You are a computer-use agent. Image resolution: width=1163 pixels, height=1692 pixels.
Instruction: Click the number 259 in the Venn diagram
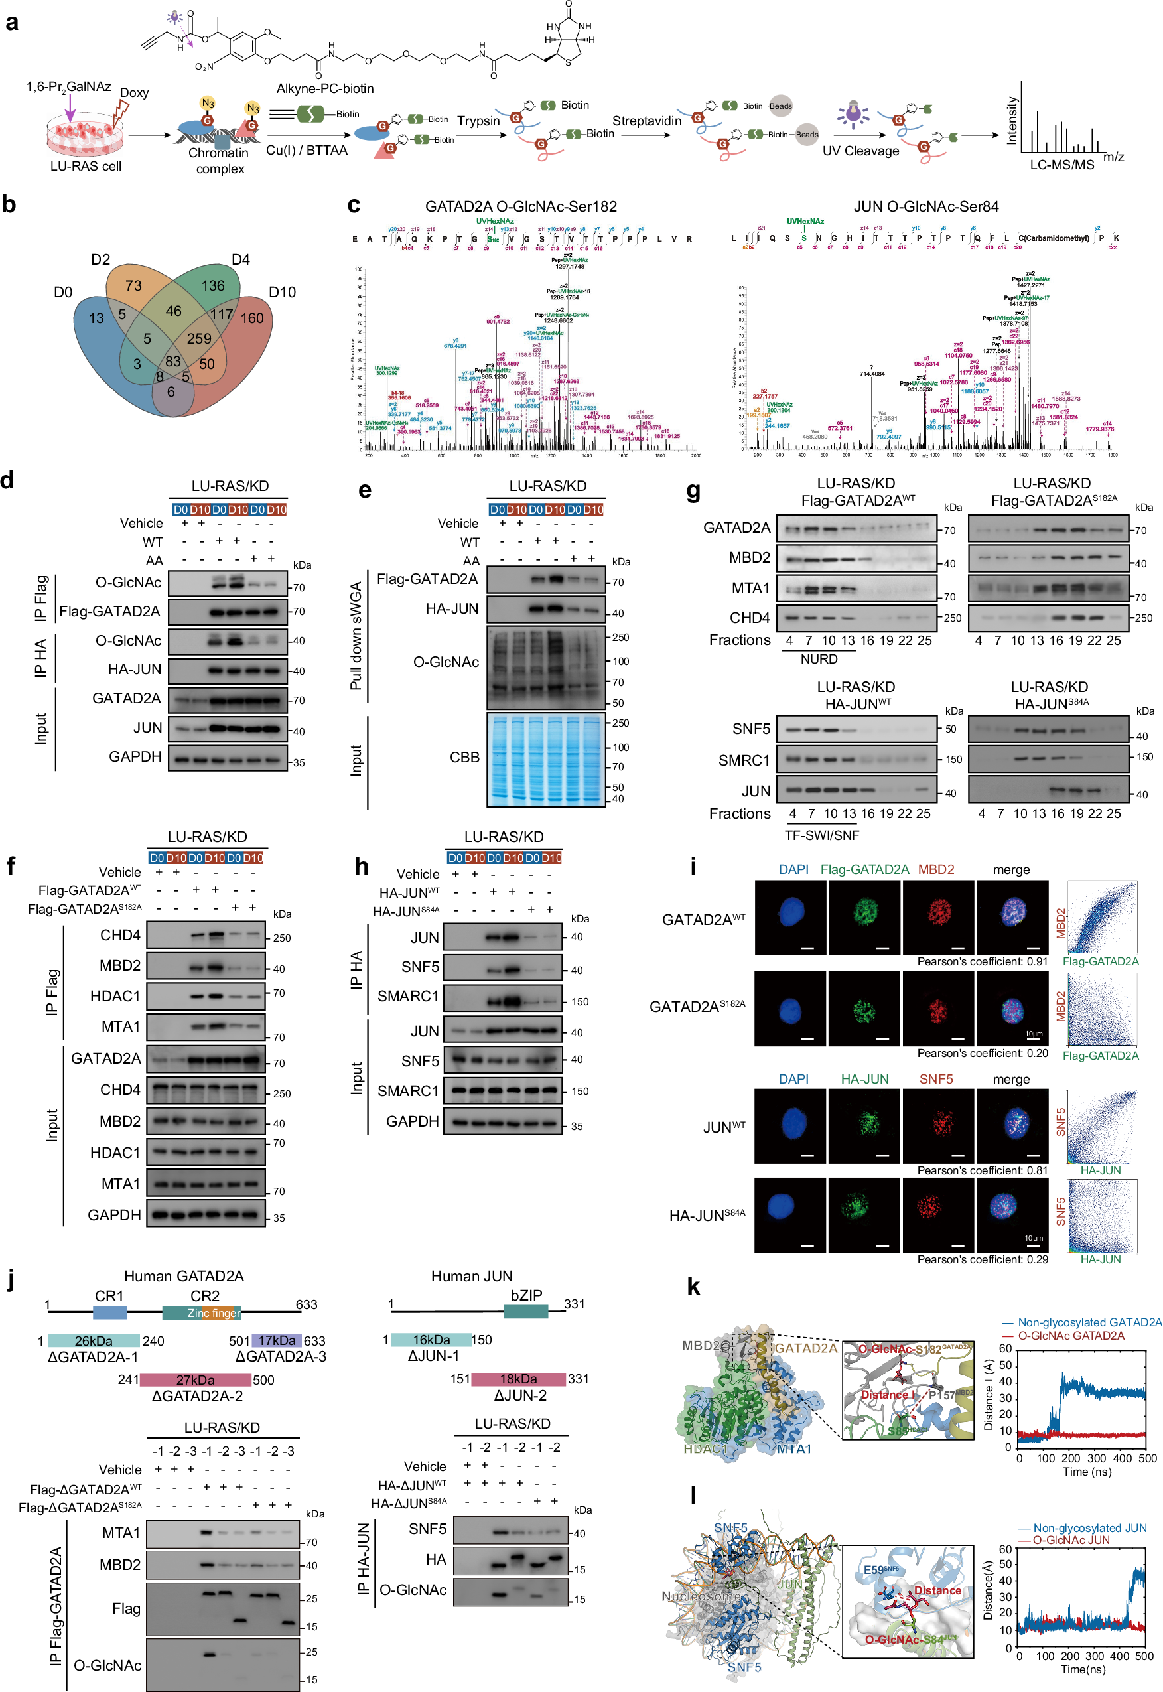click(x=198, y=339)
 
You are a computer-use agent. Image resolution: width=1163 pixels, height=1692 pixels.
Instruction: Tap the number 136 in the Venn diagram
click(x=213, y=285)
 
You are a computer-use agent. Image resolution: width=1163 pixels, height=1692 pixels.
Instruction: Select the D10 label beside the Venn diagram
click(x=282, y=292)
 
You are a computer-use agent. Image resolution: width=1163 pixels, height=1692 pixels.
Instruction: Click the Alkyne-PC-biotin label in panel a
click(x=324, y=88)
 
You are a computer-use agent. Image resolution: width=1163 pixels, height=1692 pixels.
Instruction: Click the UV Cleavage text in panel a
click(x=860, y=151)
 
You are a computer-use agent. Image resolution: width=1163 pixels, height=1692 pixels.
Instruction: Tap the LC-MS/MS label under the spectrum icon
click(x=1061, y=165)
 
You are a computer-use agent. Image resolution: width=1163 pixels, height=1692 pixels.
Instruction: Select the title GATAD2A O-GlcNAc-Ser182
click(x=521, y=206)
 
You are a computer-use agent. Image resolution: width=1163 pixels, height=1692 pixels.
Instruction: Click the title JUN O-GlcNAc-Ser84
click(x=925, y=206)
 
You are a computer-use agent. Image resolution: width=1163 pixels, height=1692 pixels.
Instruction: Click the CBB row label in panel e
click(x=464, y=758)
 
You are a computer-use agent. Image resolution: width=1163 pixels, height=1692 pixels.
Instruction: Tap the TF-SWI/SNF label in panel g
click(x=821, y=835)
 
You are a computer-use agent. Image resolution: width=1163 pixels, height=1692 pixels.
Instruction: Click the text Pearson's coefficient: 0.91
click(x=982, y=962)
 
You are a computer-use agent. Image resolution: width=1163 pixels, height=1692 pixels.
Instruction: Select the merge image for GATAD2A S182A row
click(x=1012, y=1009)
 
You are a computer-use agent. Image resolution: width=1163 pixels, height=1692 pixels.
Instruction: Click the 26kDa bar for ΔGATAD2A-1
click(x=94, y=1341)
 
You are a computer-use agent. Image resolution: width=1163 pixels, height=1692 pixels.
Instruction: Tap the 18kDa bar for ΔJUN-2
click(x=518, y=1379)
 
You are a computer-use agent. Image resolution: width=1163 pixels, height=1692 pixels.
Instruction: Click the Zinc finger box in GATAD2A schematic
click(x=213, y=1313)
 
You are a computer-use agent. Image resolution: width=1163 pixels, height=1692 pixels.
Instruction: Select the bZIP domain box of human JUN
click(x=525, y=1311)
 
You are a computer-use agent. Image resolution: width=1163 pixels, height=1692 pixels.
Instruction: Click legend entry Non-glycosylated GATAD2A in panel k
click(x=1081, y=1322)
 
